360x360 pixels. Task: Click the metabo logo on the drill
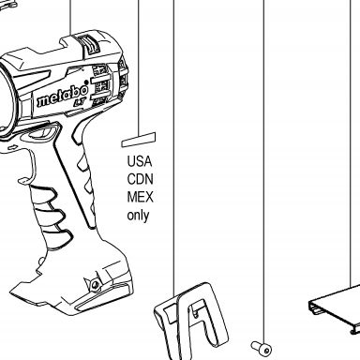(x=63, y=95)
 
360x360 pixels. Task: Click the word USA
(x=140, y=161)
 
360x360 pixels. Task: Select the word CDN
(x=140, y=179)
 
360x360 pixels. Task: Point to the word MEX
(x=140, y=197)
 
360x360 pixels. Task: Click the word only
(x=138, y=216)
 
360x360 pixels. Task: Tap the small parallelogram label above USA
(x=139, y=140)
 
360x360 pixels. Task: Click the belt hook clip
(x=190, y=322)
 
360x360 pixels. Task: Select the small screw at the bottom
(x=262, y=348)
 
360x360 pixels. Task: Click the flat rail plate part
(x=336, y=307)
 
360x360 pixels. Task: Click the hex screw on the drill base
(x=96, y=284)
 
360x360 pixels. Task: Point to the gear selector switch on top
(x=89, y=44)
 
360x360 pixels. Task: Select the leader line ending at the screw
(x=263, y=172)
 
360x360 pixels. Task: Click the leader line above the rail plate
(x=351, y=142)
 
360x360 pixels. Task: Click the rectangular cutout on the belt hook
(x=170, y=314)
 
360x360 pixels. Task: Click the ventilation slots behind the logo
(x=100, y=83)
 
